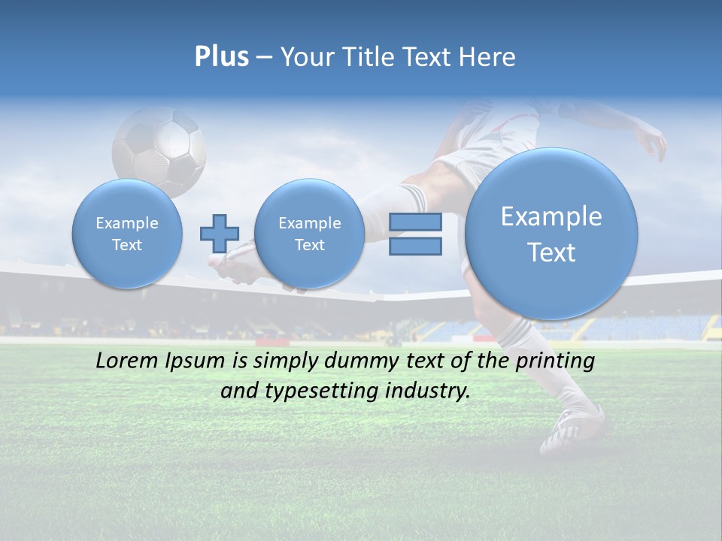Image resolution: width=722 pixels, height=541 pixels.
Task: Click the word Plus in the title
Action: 221,57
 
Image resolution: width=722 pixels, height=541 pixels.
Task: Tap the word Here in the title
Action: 487,57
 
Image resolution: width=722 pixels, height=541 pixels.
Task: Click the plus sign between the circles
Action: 219,234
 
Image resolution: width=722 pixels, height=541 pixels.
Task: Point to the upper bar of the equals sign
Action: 415,222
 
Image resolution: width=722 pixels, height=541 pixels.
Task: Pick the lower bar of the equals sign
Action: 415,246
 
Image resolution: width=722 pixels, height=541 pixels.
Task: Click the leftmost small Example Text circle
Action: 127,234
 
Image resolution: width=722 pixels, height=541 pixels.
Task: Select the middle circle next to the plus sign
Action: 309,234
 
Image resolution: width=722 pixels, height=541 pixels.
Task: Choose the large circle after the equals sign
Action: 551,234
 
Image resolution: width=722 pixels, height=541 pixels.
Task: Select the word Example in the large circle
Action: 551,216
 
